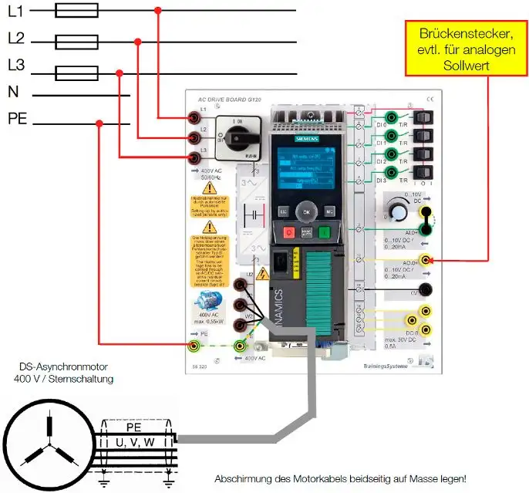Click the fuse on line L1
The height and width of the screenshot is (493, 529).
click(77, 10)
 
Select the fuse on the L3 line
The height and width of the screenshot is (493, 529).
click(77, 73)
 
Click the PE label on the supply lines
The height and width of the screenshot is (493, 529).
click(19, 119)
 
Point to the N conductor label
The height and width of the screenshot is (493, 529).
click(13, 92)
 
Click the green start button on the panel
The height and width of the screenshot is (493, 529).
click(325, 231)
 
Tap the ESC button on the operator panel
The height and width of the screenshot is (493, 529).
click(283, 210)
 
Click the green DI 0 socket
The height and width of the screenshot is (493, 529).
click(393, 117)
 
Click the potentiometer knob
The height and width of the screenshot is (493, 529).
click(398, 212)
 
